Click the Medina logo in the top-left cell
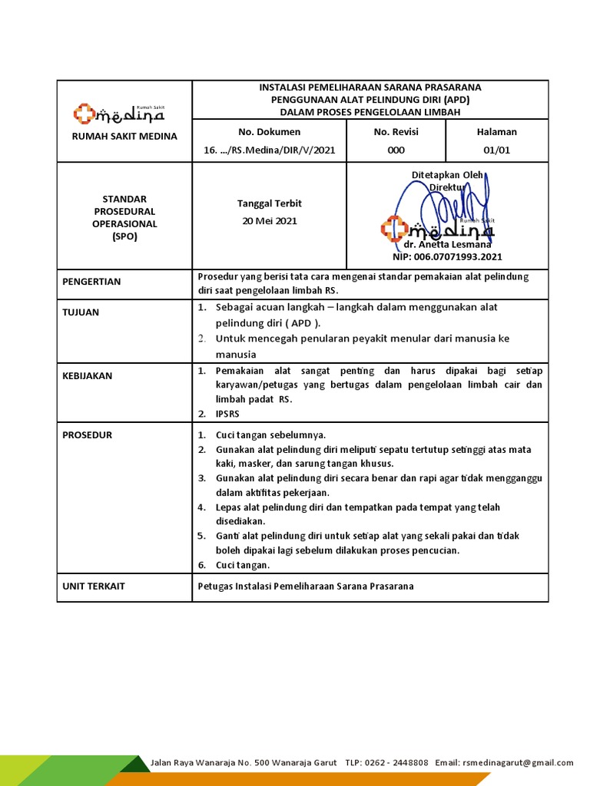119,114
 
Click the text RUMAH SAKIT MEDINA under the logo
124,136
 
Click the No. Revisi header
396,131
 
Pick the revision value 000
396,150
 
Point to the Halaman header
497,131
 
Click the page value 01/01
497,150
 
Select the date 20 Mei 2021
269,220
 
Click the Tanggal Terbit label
269,203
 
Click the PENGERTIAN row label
91,282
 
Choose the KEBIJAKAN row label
87,375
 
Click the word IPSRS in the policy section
227,414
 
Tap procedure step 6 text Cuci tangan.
243,565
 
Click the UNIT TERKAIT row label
94,586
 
